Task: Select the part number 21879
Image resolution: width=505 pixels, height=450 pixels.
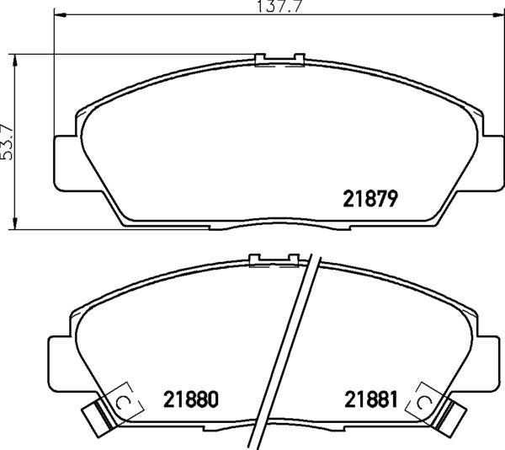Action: click(x=369, y=199)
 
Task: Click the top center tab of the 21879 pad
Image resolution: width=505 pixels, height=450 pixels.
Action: click(x=278, y=59)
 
